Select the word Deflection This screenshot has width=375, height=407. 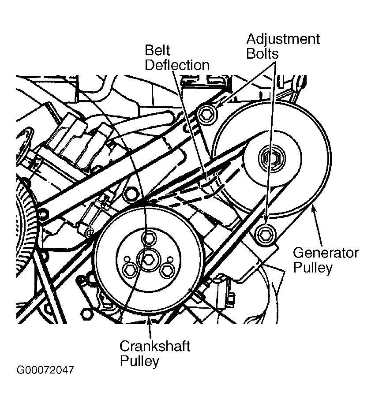177,65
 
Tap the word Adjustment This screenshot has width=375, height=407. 283,39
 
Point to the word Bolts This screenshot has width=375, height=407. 262,54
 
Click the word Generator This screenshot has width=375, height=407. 326,253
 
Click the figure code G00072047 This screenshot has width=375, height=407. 45,370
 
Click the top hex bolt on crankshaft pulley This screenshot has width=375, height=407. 149,239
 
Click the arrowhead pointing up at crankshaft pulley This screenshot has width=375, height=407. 150,320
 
